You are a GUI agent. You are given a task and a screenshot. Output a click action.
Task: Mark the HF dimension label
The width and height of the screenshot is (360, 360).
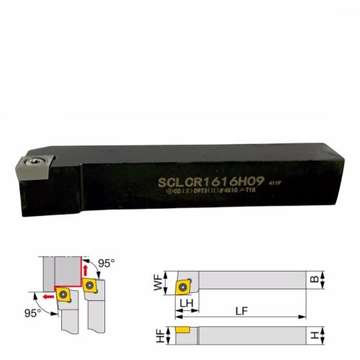tap(158, 335)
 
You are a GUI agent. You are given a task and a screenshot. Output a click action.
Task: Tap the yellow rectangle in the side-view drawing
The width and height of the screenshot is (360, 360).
tap(184, 330)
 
